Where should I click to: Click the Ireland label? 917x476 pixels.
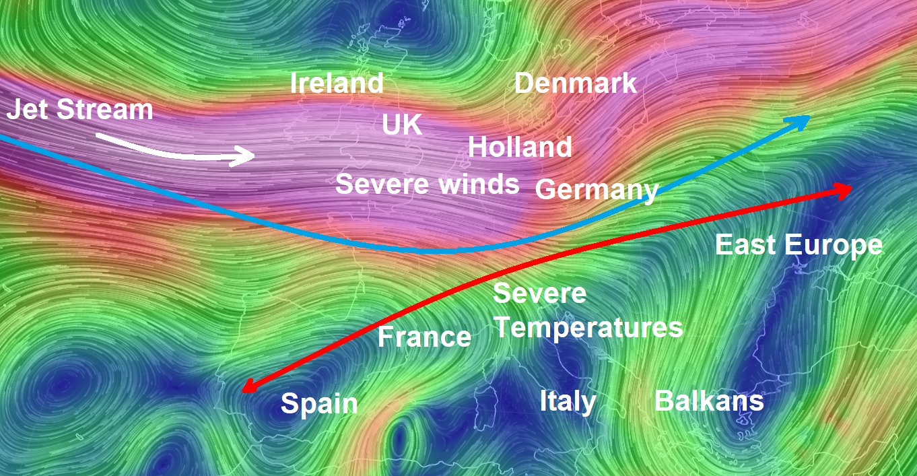(x=337, y=83)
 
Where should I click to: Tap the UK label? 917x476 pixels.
(x=402, y=125)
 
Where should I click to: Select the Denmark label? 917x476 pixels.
(x=576, y=83)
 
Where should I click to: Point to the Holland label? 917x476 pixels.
(x=520, y=147)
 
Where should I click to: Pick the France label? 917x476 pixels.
(x=424, y=337)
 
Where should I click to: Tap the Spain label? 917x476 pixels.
(x=319, y=404)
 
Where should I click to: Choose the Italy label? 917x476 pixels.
(x=568, y=401)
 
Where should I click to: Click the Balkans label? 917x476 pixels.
(x=709, y=401)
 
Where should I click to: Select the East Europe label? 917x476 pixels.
(x=799, y=245)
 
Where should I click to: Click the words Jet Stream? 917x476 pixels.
(x=80, y=110)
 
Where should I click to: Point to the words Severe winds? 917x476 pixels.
(x=427, y=184)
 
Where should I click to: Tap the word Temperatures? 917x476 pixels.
(x=589, y=328)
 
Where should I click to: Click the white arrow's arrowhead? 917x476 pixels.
(x=246, y=157)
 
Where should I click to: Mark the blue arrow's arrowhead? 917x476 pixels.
(x=802, y=120)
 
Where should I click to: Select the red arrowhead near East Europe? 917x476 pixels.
(x=844, y=190)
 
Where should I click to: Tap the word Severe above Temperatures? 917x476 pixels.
(x=540, y=294)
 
